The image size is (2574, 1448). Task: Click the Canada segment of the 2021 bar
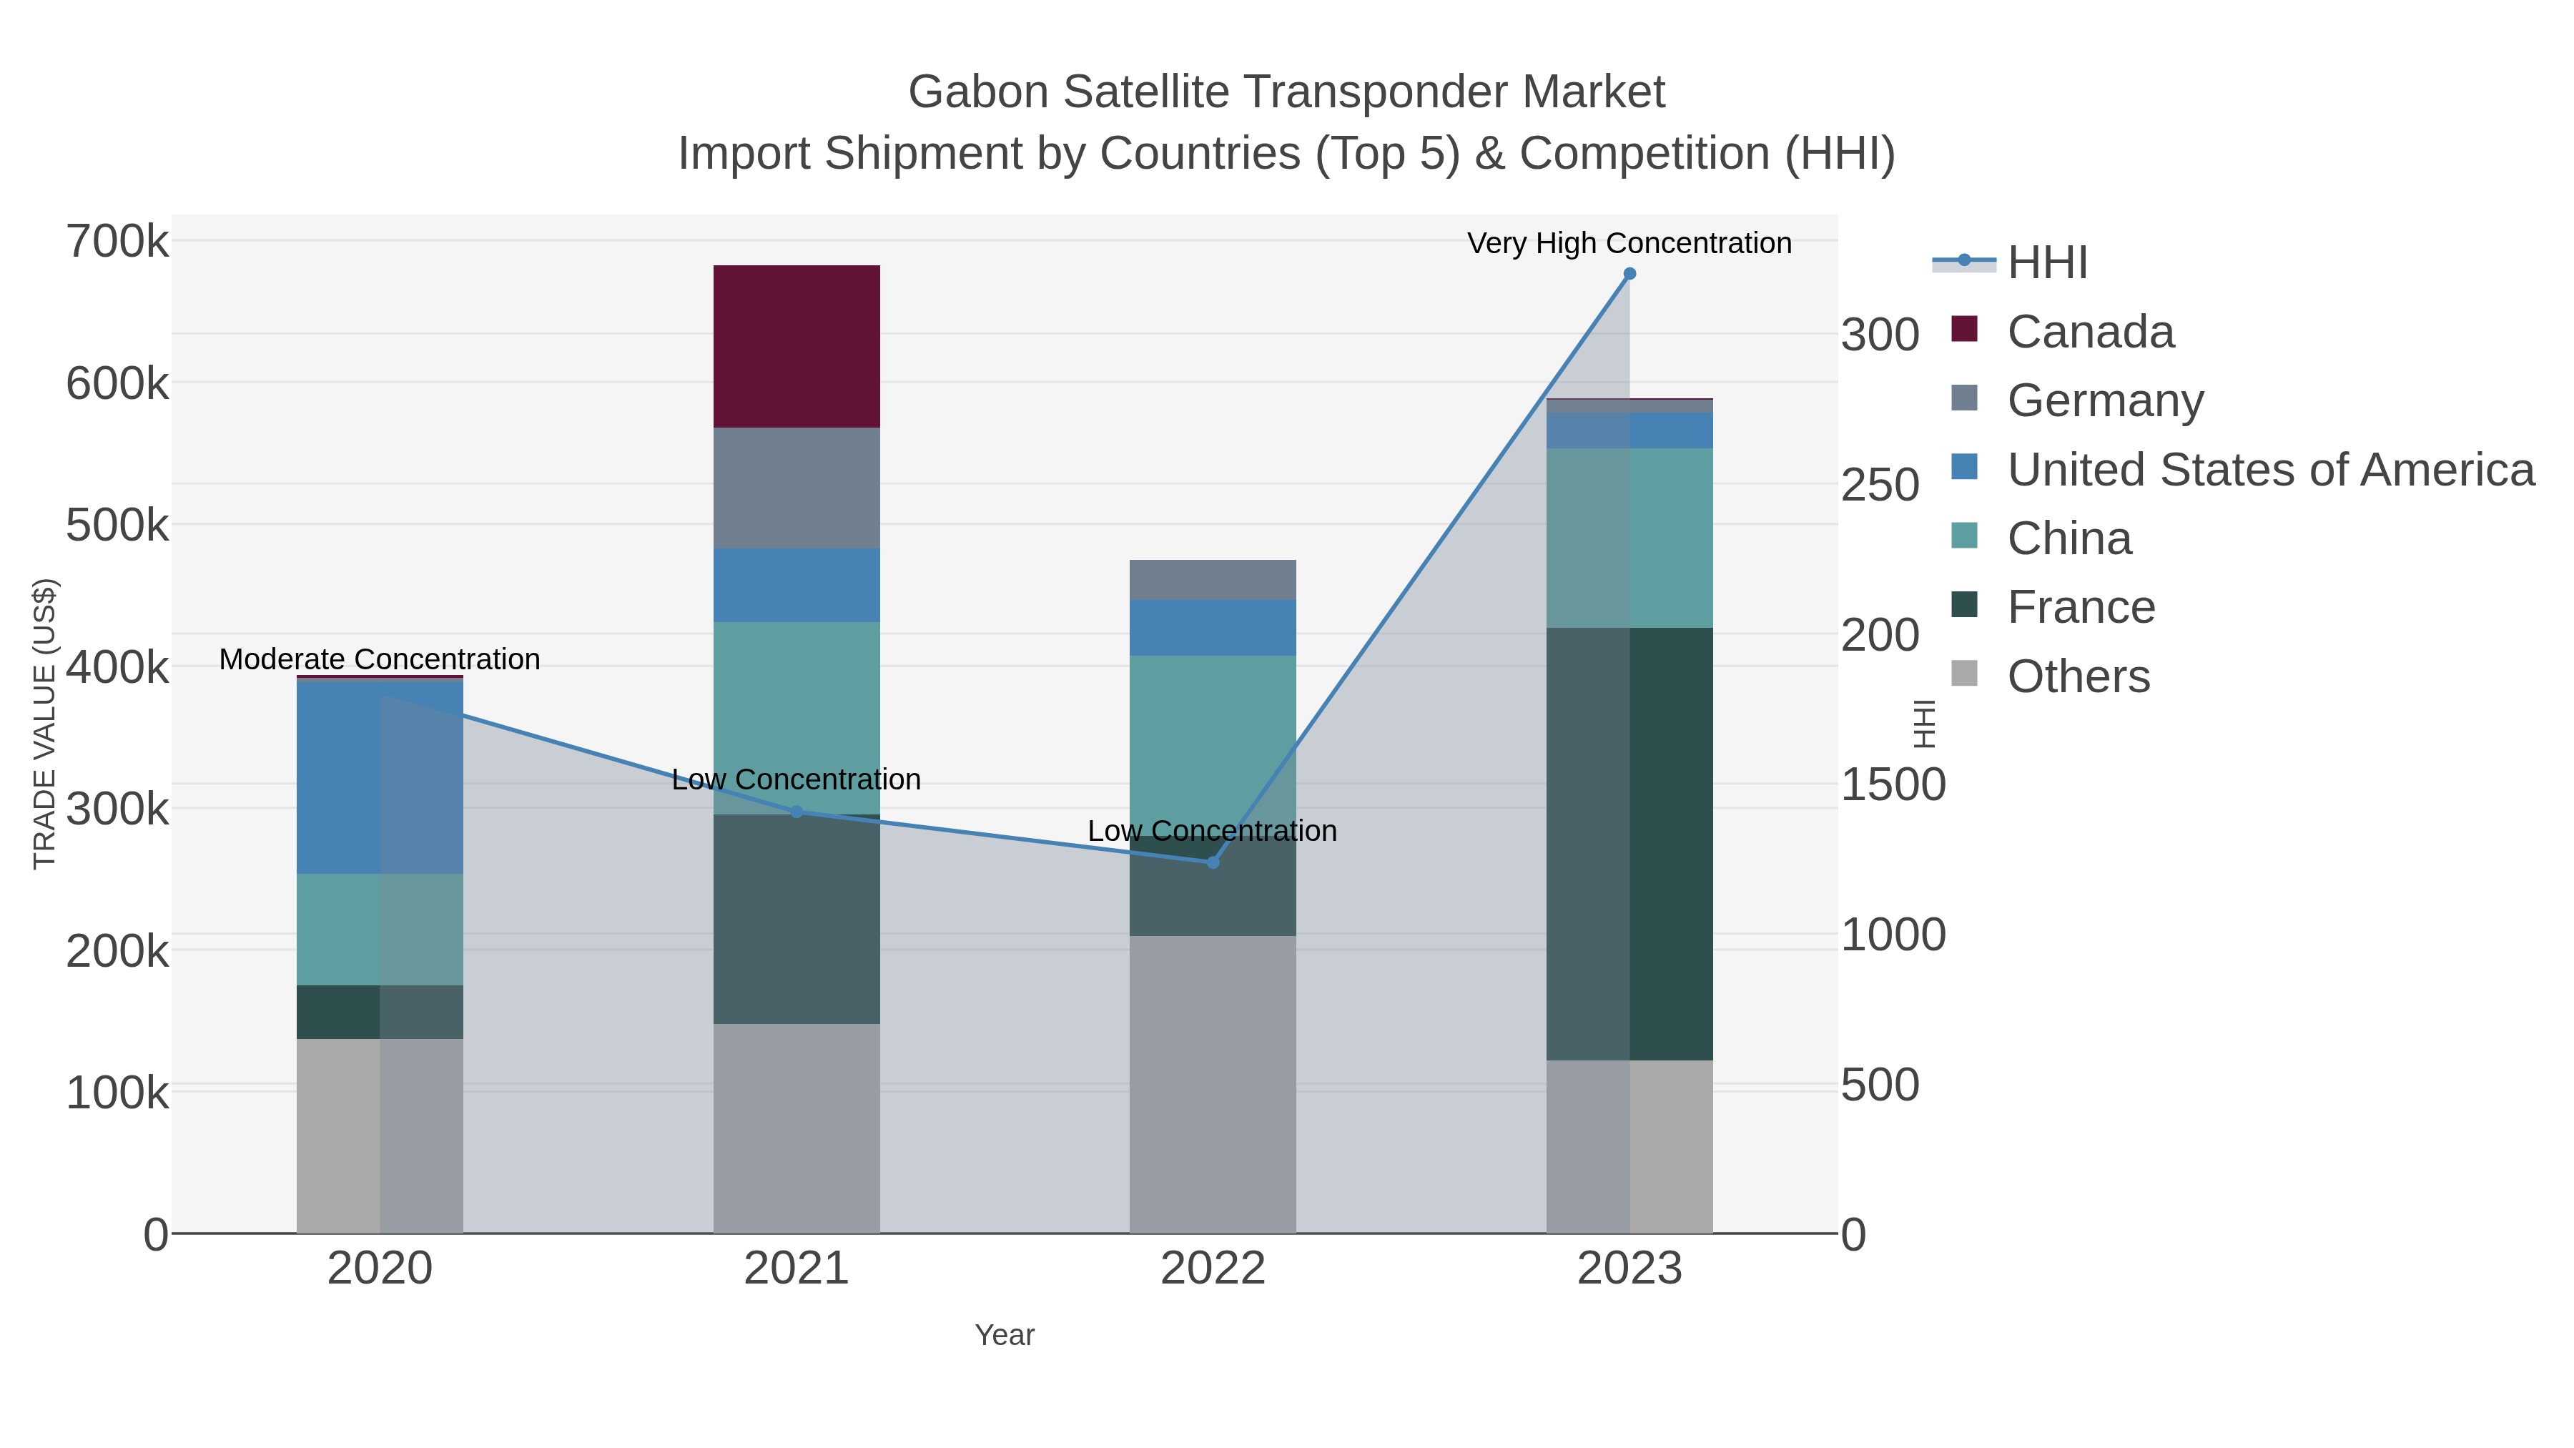pos(797,346)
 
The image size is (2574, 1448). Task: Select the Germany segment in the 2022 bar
pos(1212,580)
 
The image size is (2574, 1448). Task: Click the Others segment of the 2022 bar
pos(1212,1084)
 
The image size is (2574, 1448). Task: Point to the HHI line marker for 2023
pos(1629,274)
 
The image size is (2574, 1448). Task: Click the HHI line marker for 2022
pos(1213,862)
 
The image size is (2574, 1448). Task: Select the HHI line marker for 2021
pos(797,812)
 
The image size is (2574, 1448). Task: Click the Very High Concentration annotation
pos(1629,244)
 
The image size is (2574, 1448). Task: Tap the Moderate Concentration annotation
pos(380,659)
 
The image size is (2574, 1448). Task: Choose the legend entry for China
pos(2068,538)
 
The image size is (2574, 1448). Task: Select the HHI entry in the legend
pos(2046,263)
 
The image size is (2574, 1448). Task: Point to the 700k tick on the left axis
pos(117,242)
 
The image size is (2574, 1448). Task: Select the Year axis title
pos(1005,1335)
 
